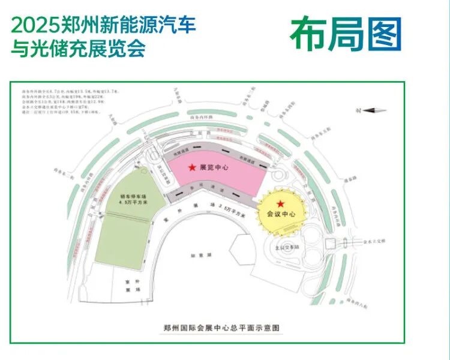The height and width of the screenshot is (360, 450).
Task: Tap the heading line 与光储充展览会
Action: click(79, 48)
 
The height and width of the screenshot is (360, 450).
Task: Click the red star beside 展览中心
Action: click(192, 167)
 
